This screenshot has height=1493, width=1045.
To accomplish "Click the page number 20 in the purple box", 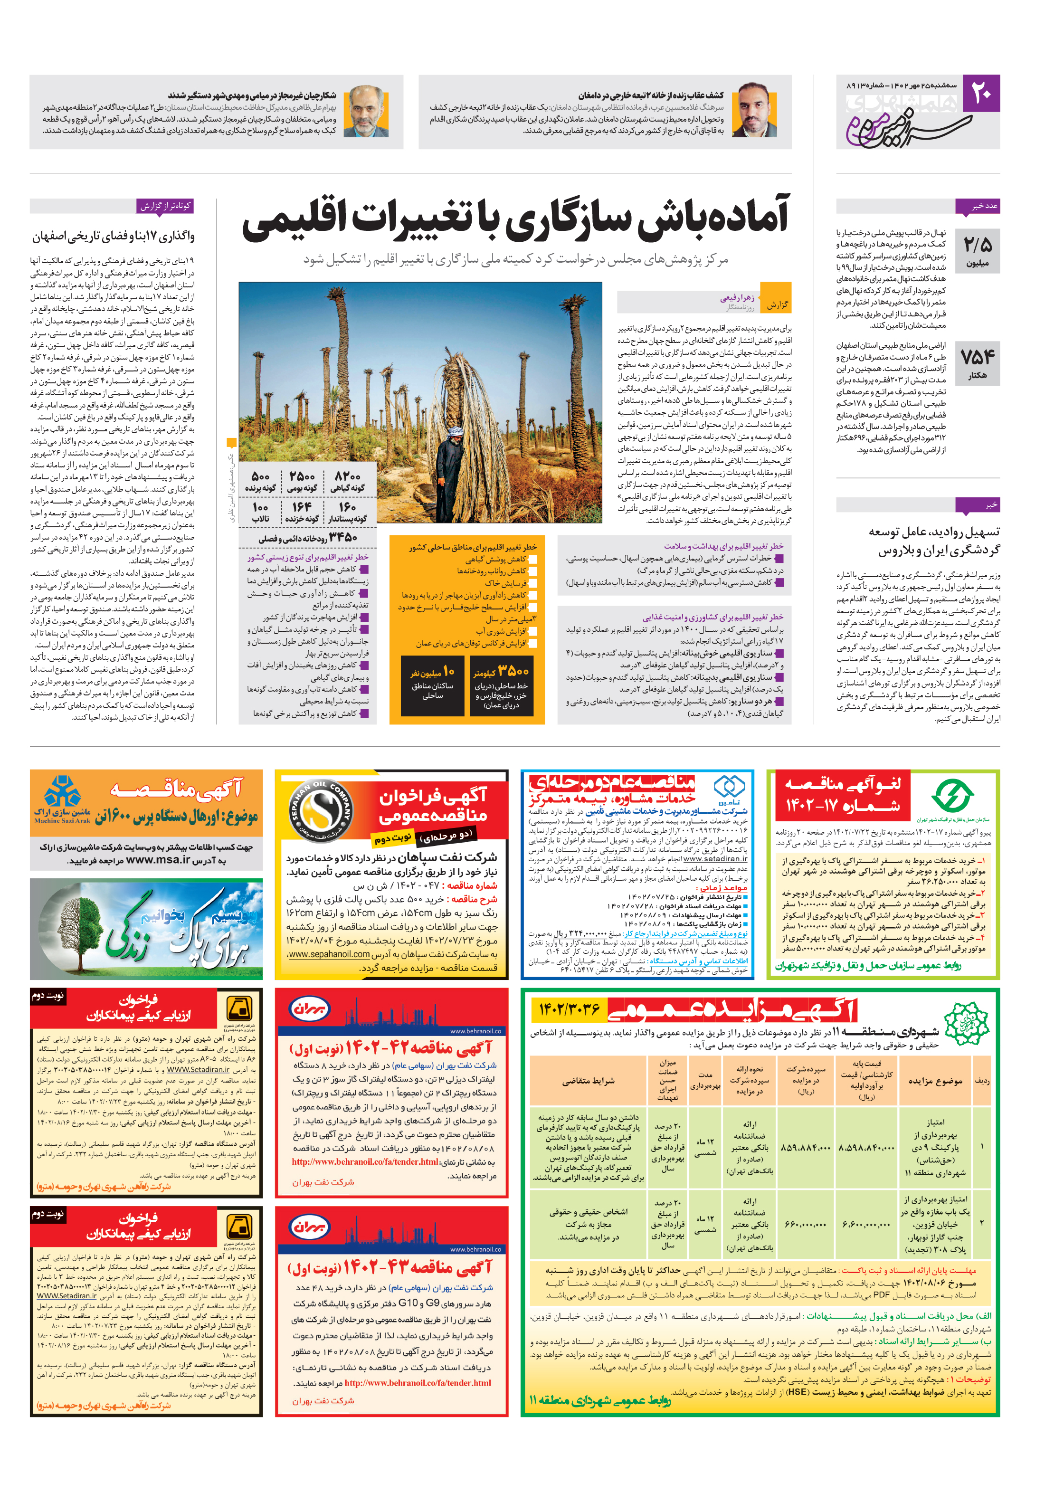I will [980, 94].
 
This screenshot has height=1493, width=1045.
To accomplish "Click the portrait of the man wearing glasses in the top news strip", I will [366, 111].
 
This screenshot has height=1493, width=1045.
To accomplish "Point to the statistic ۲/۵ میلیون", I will [978, 251].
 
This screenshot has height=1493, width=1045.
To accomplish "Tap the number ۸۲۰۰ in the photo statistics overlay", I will [347, 476].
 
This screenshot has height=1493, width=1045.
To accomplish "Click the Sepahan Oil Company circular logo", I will [321, 812].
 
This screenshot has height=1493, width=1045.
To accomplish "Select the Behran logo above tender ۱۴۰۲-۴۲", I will [310, 1008].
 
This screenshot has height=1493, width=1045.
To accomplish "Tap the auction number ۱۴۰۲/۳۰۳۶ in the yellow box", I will [569, 1009].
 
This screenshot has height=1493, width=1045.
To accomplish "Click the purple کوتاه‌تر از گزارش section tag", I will [165, 206].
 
